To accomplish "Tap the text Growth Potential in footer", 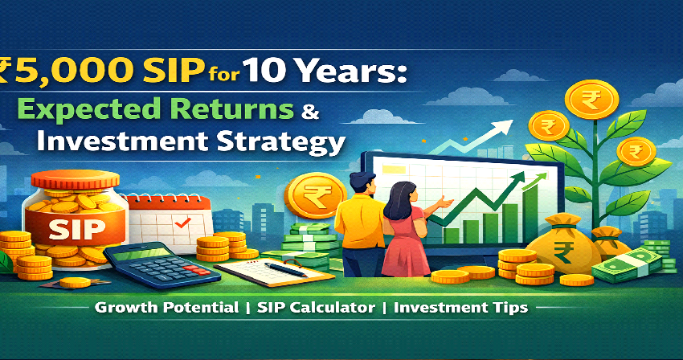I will click(x=166, y=307).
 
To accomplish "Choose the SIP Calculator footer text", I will click(x=305, y=307).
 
